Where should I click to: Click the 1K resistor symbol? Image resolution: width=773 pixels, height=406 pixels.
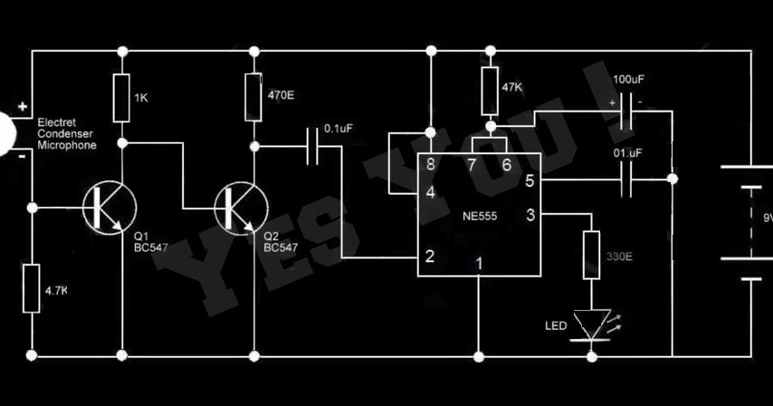[122, 98]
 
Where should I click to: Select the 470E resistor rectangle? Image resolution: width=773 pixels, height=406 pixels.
[253, 97]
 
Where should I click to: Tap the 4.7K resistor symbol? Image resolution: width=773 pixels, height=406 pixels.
[32, 288]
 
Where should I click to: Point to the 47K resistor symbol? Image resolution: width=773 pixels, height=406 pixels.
[490, 92]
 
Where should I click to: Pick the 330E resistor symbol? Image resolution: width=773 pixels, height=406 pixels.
[592, 255]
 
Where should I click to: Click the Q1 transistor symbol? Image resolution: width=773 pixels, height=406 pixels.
[110, 208]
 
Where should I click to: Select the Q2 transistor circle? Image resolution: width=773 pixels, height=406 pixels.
[242, 208]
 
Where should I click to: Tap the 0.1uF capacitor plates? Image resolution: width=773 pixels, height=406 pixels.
[312, 146]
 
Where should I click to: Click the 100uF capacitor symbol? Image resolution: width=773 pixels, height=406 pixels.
[625, 111]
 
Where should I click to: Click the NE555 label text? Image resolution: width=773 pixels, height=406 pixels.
[480, 216]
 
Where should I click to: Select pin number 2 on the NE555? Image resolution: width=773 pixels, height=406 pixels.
[430, 256]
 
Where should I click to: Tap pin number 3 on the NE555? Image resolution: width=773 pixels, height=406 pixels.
[530, 215]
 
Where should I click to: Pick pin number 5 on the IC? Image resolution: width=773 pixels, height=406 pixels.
[530, 181]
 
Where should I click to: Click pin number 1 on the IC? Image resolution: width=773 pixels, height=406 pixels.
[479, 264]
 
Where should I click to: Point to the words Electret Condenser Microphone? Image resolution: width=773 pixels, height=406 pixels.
[67, 134]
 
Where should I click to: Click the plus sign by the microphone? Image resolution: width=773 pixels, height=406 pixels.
[23, 106]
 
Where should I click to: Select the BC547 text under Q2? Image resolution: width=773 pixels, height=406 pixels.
[281, 247]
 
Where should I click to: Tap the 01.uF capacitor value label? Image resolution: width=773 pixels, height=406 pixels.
[627, 153]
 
